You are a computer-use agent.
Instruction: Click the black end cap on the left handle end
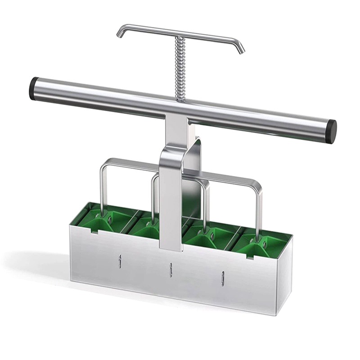[x=33, y=89]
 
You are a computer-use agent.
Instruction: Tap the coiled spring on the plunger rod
[x=180, y=67]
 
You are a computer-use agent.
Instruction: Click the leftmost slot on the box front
[x=120, y=261]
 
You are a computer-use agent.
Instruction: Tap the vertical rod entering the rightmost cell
[x=259, y=211]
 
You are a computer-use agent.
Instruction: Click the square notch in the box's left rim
[x=94, y=231]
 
